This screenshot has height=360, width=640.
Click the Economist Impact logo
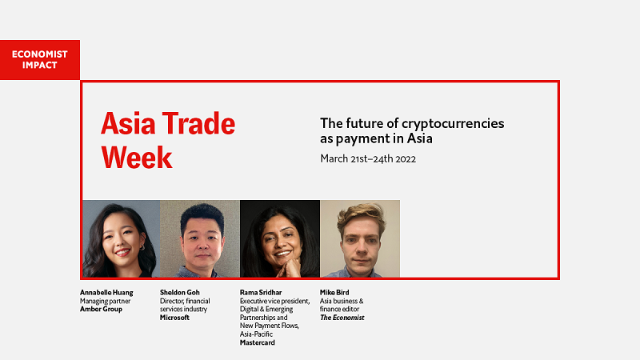(x=40, y=59)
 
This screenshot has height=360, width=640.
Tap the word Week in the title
(x=137, y=157)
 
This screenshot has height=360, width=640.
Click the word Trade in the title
(x=198, y=124)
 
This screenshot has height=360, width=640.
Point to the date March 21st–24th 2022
(x=368, y=158)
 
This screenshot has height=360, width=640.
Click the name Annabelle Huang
(x=106, y=293)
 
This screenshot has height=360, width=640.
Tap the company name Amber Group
(x=101, y=309)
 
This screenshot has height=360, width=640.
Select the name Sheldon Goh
(x=179, y=293)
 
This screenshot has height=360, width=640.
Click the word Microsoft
(x=174, y=317)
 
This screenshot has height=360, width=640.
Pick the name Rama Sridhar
(x=261, y=293)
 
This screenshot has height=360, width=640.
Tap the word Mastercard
(x=257, y=342)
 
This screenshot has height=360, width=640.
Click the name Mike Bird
(x=334, y=293)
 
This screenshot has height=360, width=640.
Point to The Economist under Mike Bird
(x=342, y=318)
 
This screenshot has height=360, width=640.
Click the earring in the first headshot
(x=142, y=247)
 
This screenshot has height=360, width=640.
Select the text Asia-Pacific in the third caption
(x=256, y=334)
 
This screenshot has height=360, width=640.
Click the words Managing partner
(x=105, y=302)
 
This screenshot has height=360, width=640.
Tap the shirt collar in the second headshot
(x=199, y=272)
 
